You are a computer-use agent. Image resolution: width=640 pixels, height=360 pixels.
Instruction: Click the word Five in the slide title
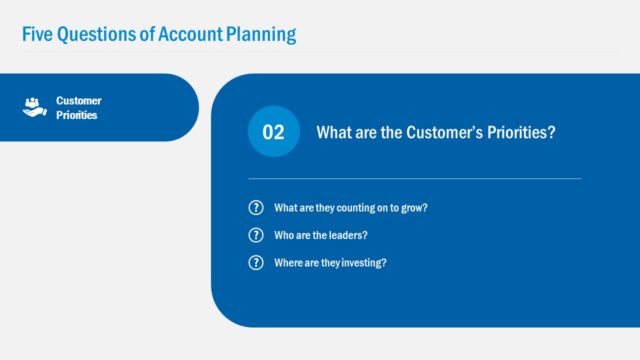(37, 34)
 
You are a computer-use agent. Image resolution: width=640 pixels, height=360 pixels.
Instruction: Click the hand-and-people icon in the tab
(35, 107)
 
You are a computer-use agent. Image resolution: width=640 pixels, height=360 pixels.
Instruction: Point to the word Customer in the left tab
(78, 100)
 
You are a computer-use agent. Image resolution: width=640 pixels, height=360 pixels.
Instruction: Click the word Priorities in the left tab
(77, 114)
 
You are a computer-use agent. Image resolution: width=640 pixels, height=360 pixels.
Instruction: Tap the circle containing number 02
(273, 133)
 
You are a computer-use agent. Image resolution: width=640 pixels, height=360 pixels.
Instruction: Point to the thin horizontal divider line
(414, 179)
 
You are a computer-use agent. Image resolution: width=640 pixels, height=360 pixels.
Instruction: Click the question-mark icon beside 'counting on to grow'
(255, 208)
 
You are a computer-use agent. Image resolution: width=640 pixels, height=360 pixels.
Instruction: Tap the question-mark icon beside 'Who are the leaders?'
(255, 235)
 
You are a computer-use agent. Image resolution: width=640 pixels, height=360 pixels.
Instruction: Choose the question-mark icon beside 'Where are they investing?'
(255, 262)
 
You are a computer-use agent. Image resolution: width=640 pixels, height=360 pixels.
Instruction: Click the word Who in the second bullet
(284, 235)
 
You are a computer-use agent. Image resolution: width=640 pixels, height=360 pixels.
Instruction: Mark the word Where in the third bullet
(288, 262)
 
